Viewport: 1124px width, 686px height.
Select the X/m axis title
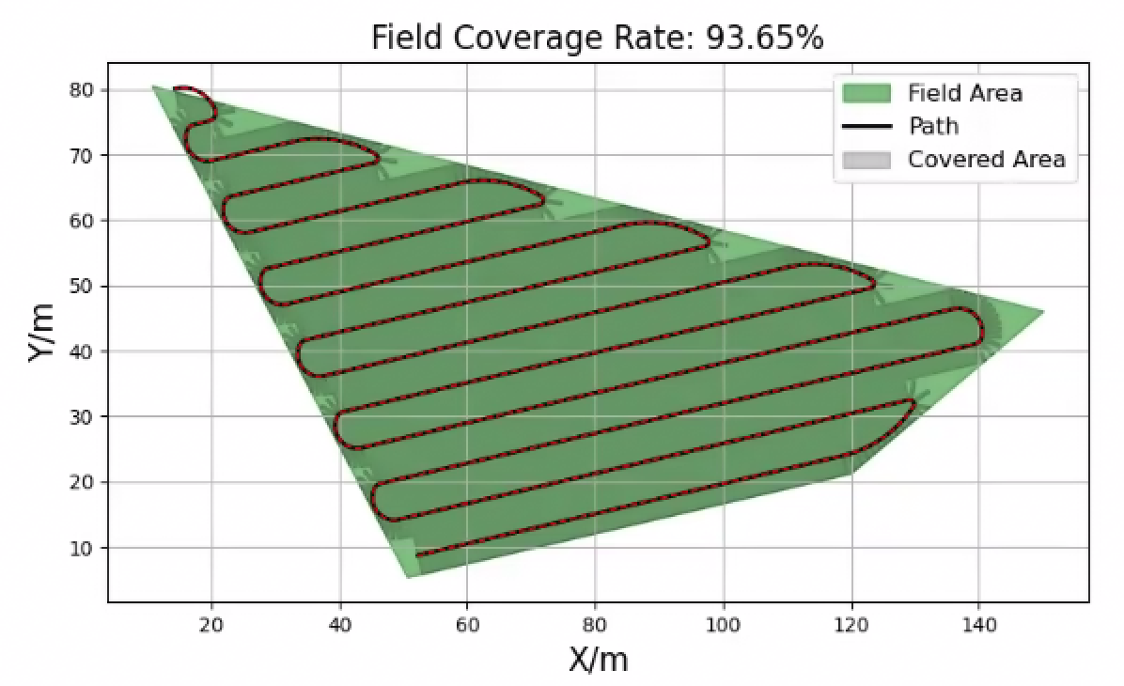(x=598, y=660)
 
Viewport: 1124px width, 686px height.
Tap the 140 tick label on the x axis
(x=978, y=623)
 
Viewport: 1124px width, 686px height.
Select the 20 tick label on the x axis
(x=211, y=623)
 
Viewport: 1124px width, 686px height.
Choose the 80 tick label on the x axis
(x=595, y=623)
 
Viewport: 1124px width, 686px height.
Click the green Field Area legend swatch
(x=866, y=93)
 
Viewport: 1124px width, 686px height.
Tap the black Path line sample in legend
(x=866, y=126)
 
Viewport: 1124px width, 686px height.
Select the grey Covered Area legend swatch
(x=866, y=159)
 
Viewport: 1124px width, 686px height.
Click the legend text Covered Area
(x=986, y=159)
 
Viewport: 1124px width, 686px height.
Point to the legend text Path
(x=933, y=126)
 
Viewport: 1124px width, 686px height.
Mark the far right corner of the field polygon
(x=1043, y=312)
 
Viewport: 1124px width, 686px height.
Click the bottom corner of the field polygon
(x=408, y=577)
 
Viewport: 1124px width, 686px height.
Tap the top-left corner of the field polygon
(x=152, y=86)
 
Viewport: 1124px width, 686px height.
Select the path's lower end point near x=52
(x=416, y=554)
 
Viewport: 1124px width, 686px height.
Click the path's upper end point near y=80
(x=176, y=88)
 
